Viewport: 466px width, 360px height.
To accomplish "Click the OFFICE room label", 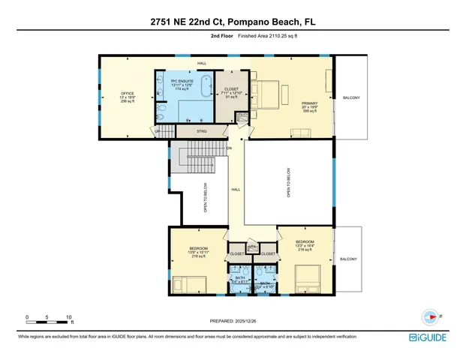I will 116,97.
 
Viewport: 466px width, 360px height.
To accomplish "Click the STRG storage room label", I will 201,131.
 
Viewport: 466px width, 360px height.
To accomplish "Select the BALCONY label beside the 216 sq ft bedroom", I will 348,259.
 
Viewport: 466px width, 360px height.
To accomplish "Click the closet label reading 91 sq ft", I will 231,93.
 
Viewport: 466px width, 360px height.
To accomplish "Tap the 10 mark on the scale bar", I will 69,317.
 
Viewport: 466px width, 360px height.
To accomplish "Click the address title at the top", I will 233,22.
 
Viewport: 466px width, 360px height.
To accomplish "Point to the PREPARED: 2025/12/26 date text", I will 233,320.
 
